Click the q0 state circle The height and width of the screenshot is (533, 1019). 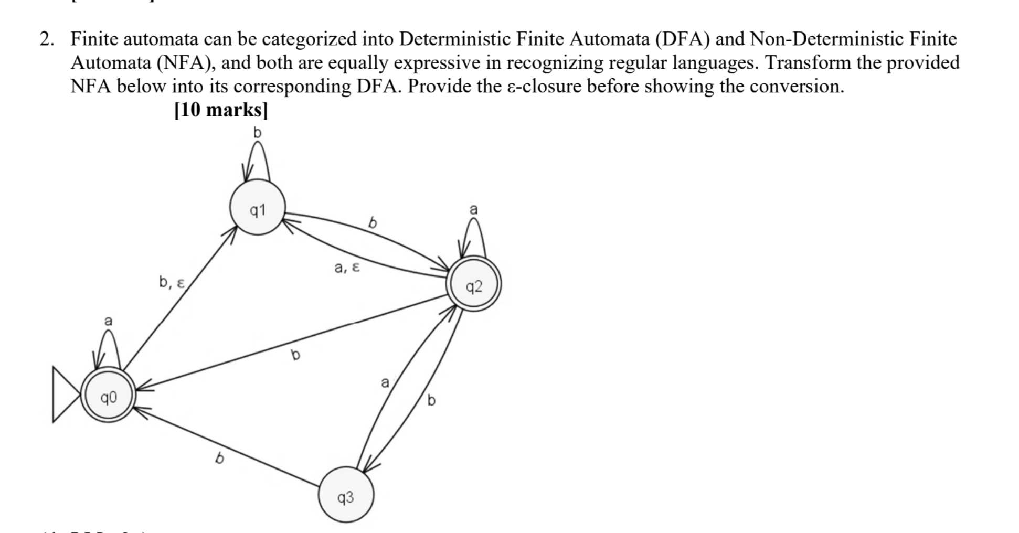click(x=109, y=395)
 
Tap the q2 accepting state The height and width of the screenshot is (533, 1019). click(x=474, y=284)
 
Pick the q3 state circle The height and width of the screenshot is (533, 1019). click(x=346, y=495)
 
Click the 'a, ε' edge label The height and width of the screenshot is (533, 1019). click(x=347, y=268)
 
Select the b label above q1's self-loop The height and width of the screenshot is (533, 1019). click(x=257, y=133)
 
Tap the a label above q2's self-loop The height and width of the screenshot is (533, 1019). click(x=473, y=209)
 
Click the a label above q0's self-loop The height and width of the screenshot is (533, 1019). click(x=108, y=321)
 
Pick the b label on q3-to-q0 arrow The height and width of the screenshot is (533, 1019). click(x=220, y=459)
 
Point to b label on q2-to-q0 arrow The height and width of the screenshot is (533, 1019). click(x=295, y=355)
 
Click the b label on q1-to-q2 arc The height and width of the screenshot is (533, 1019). click(x=373, y=223)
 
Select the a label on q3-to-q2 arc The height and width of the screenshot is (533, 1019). click(x=385, y=382)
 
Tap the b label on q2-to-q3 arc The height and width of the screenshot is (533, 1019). click(x=431, y=401)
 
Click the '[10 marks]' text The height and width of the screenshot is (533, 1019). click(x=221, y=110)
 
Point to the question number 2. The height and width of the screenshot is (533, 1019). click(x=46, y=39)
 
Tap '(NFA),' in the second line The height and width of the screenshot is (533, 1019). click(x=189, y=63)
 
